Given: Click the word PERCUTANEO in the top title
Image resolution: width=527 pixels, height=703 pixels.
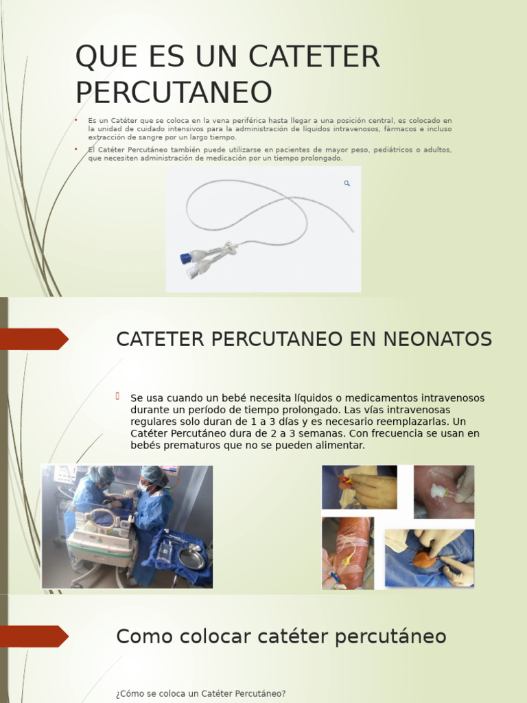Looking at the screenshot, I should [x=174, y=93].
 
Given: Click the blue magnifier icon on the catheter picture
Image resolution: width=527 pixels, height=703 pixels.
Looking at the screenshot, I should [x=347, y=183].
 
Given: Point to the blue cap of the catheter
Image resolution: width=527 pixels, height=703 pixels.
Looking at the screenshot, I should [x=186, y=259].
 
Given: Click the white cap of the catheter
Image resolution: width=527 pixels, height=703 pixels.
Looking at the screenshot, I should [x=191, y=273].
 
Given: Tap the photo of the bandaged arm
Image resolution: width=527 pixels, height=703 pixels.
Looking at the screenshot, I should [x=347, y=553].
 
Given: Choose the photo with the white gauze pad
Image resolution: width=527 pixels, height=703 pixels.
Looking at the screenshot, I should [x=443, y=491].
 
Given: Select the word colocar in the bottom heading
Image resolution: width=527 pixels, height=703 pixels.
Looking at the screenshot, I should [x=218, y=637].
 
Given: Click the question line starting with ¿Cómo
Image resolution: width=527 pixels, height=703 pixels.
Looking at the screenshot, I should [x=200, y=694].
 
